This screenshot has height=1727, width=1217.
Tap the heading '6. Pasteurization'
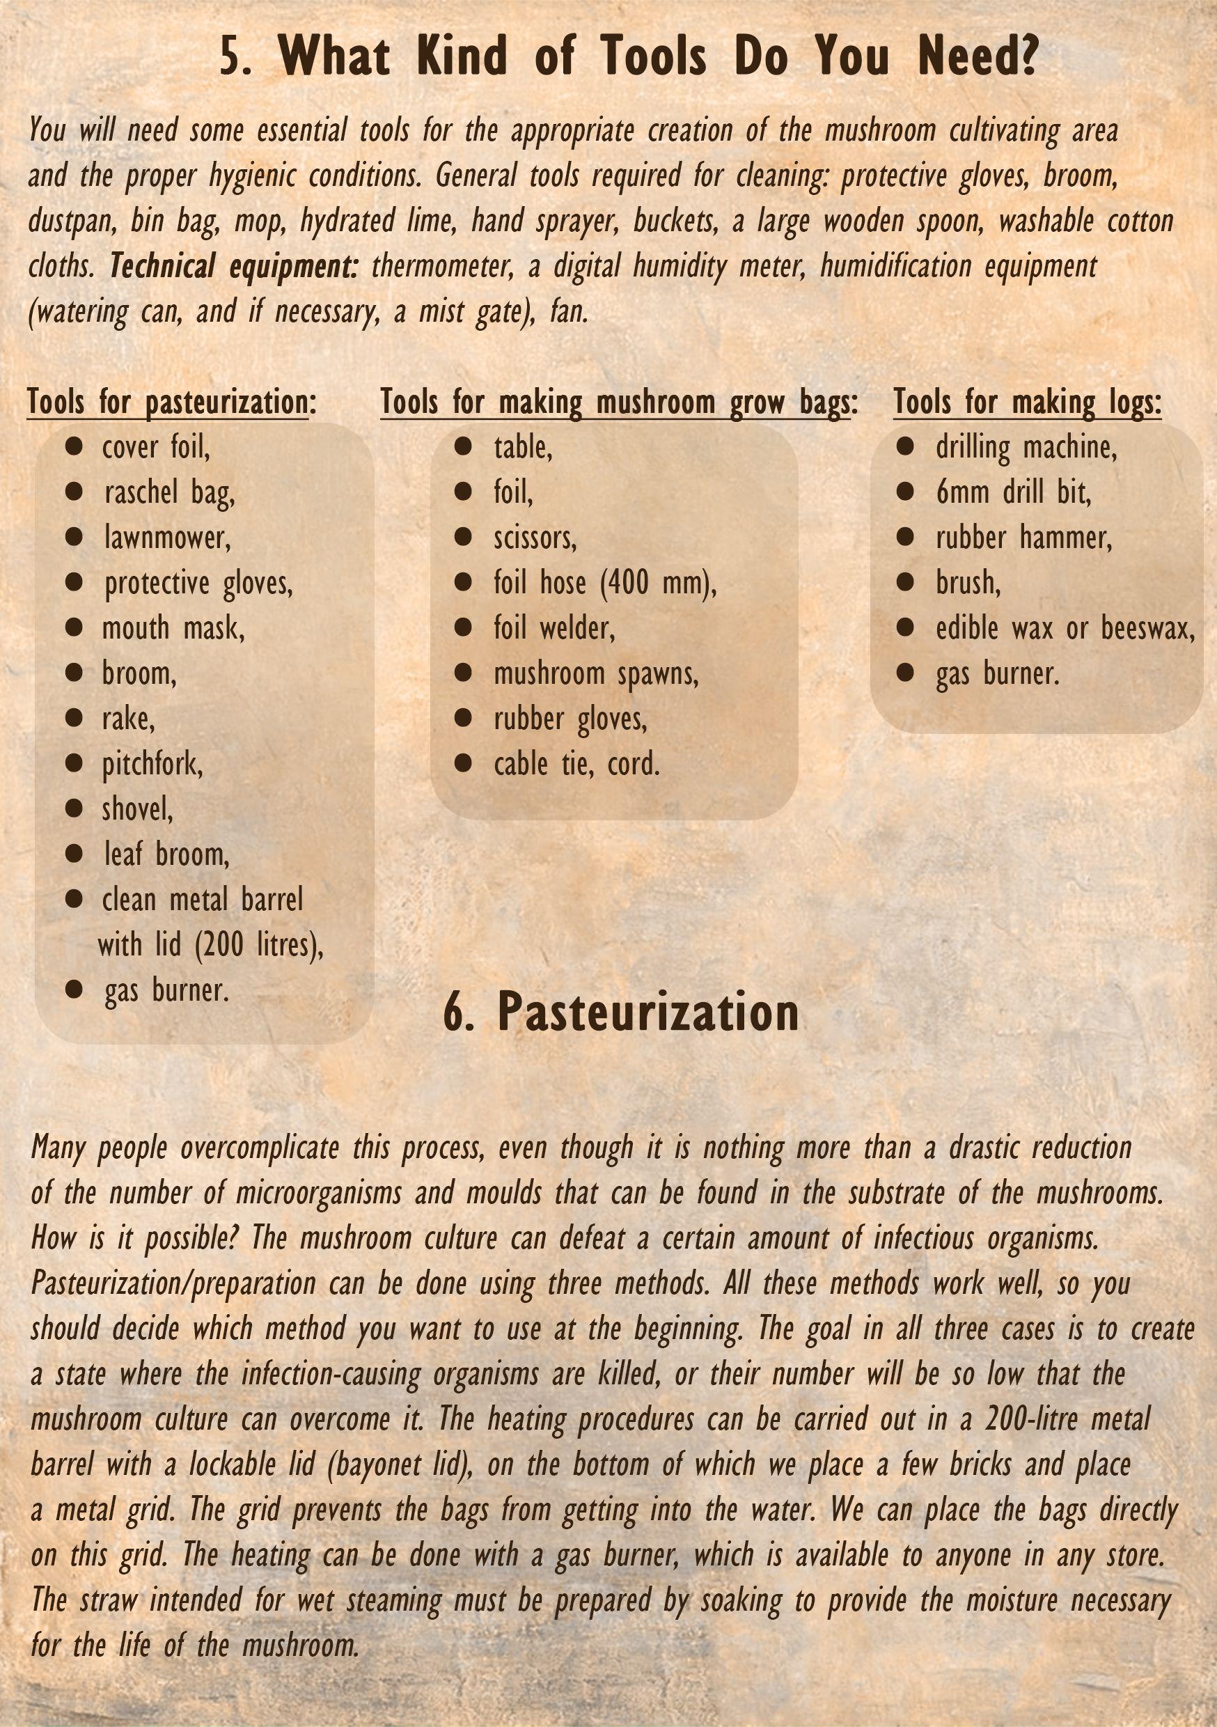coord(620,1013)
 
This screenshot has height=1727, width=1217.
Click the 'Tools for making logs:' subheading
coord(1028,402)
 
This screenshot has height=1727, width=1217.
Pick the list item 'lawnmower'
coord(167,538)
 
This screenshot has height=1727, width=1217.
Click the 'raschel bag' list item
coord(169,492)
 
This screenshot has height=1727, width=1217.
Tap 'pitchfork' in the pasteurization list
coord(152,764)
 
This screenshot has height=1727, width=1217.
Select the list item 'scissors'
coord(535,538)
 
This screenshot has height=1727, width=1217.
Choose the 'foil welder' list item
coord(554,628)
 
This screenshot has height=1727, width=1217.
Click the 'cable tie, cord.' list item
coord(576,764)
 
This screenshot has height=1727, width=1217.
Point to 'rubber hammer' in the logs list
coord(1023,538)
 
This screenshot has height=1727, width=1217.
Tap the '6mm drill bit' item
coord(1013,492)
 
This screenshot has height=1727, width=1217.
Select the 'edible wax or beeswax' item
coord(1065,628)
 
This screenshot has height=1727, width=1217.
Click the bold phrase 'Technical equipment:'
coord(234,266)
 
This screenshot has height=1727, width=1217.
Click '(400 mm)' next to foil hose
coord(658,583)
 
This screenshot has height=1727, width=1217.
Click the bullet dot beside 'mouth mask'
coord(74,627)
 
